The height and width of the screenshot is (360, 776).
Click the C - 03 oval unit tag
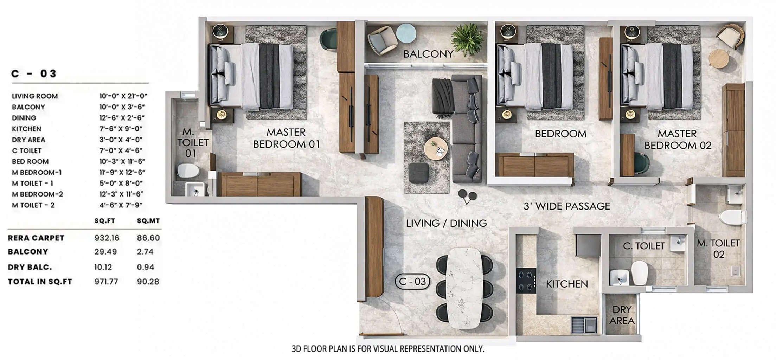tap(412, 281)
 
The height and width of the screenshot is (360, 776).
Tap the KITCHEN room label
tap(566, 284)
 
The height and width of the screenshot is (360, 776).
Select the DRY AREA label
tap(622, 315)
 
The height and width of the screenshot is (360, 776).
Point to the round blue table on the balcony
tap(406, 33)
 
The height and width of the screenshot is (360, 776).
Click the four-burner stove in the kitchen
tap(526, 281)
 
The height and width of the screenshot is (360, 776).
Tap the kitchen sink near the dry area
tap(584, 324)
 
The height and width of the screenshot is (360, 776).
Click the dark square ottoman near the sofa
tap(419, 173)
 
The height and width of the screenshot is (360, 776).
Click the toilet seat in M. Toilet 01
tap(188, 171)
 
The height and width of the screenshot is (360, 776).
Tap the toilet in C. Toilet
tap(640, 272)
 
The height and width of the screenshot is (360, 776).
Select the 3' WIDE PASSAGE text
tap(566, 206)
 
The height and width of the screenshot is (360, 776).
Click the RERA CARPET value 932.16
tap(107, 238)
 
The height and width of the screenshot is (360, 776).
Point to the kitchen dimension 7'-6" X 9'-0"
tap(121, 129)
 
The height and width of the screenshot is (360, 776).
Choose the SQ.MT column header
tap(148, 221)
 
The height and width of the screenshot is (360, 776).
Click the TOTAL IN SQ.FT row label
tap(40, 282)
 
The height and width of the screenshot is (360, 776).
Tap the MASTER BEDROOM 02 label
tap(677, 140)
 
